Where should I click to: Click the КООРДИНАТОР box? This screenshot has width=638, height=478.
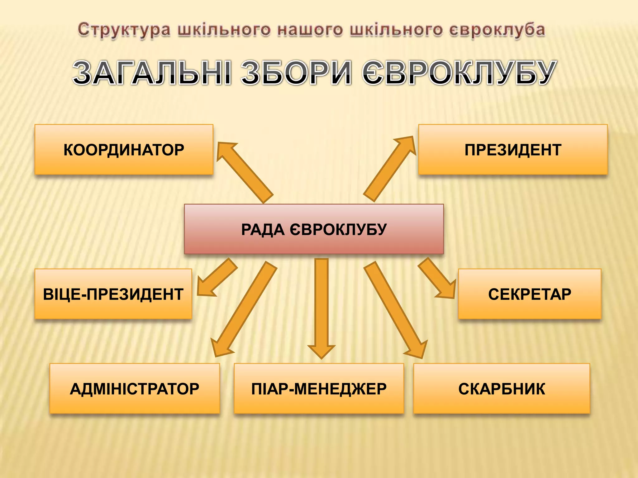click(124, 149)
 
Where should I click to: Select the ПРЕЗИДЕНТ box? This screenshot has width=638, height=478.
click(513, 149)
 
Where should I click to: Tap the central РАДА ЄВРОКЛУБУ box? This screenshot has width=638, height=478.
click(314, 229)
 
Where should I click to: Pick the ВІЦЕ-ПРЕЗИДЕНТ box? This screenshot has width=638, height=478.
click(113, 294)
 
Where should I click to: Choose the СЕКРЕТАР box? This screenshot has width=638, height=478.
click(530, 294)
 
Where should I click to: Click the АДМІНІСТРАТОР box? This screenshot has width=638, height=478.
click(135, 388)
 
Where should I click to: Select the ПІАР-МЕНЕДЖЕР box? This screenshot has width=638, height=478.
click(319, 388)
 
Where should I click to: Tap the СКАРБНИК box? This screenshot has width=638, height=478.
click(502, 388)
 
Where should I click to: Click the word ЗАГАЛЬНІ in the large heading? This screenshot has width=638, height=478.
click(152, 73)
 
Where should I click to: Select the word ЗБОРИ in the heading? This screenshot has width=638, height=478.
click(296, 73)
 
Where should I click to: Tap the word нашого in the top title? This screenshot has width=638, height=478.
click(310, 30)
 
